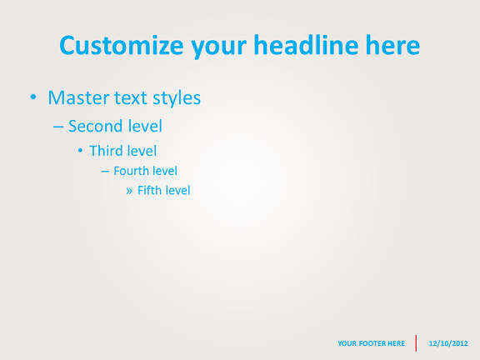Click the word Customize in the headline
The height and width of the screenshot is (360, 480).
pyautogui.click(x=122, y=45)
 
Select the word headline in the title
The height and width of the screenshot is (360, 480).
pyautogui.click(x=306, y=45)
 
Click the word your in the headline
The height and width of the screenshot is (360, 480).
pyautogui.click(x=219, y=48)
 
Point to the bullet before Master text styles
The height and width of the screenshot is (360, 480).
pyautogui.click(x=33, y=97)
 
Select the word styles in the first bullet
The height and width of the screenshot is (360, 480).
pyautogui.click(x=177, y=99)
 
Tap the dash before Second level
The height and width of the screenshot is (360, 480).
pyautogui.click(x=58, y=127)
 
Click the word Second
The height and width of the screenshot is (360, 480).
pyautogui.click(x=96, y=126)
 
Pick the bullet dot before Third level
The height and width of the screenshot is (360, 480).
pyautogui.click(x=80, y=151)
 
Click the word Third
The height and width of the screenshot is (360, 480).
pyautogui.click(x=106, y=151)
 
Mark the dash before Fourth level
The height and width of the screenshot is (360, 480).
pyautogui.click(x=105, y=172)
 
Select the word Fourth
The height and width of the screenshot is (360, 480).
pyautogui.click(x=132, y=171)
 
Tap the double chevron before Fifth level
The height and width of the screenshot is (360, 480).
pyautogui.click(x=129, y=191)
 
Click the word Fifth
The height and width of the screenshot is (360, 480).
pyautogui.click(x=147, y=190)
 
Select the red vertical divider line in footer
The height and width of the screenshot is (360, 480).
pyautogui.click(x=416, y=343)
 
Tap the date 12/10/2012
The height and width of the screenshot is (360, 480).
pyautogui.click(x=448, y=343)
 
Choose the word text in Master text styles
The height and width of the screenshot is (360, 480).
pyautogui.click(x=131, y=98)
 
